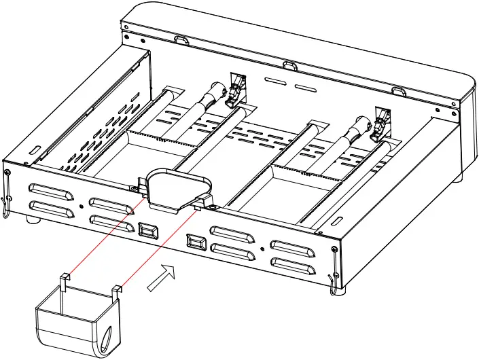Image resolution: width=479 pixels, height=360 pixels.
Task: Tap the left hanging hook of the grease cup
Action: tap(64, 280)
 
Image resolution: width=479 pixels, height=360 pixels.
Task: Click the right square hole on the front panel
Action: tap(195, 240)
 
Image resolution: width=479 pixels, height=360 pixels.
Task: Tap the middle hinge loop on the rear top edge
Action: tap(290, 65)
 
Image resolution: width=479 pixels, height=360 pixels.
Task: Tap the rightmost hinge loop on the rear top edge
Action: tap(401, 90)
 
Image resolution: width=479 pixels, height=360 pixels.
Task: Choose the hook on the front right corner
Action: tap(333, 272)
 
